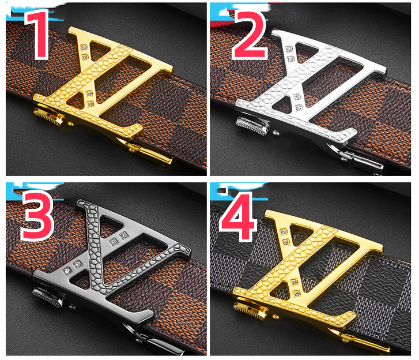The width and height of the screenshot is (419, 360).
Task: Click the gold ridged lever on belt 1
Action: click(x=48, y=116)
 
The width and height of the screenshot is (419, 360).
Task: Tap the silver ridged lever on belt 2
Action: click(x=251, y=125)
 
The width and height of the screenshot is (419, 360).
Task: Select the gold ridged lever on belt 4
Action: click(x=250, y=310)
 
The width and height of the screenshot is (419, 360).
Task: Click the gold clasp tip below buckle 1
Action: click(x=155, y=155)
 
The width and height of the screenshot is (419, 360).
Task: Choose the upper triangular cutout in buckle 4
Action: click(x=301, y=232)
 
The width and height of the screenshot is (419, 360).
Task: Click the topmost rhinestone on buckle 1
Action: click(x=84, y=47)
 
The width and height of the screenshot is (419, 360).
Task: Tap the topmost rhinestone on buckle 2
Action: click(x=289, y=49)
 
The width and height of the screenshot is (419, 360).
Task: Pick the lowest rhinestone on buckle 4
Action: click(x=297, y=294)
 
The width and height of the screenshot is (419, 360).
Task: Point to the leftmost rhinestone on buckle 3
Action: click(x=67, y=272)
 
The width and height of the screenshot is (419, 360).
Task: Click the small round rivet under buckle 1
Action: click(x=71, y=123)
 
